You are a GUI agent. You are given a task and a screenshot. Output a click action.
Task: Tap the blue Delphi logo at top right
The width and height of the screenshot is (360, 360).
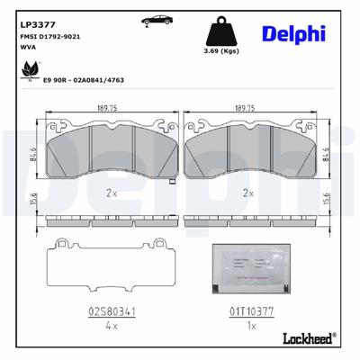[293, 33]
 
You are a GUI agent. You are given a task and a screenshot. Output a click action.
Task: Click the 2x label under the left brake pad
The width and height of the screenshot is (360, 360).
[110, 193]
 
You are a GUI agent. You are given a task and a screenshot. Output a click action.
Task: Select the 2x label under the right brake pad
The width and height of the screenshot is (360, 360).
[248, 193]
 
